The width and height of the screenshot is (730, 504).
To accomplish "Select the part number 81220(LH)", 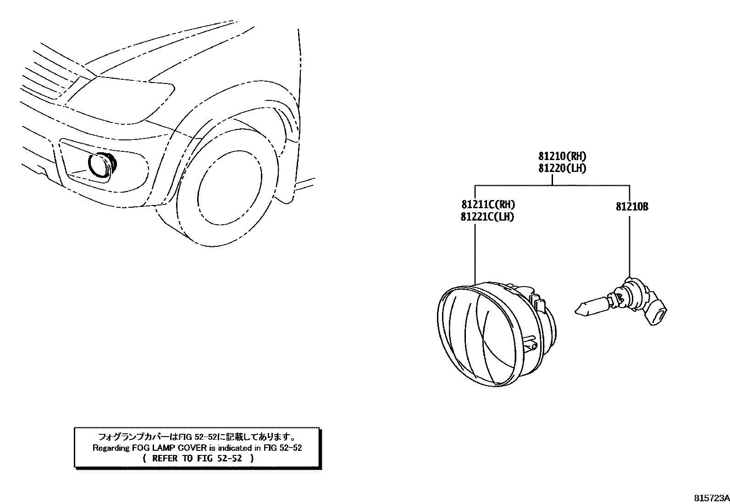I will tap(562, 168).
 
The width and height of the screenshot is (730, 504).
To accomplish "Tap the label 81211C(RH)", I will tap(485, 205).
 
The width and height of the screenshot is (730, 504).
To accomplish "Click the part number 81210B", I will tap(632, 207).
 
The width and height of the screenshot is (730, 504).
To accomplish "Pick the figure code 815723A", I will tap(711, 498).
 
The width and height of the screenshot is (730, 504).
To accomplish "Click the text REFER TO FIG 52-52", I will tap(197, 458).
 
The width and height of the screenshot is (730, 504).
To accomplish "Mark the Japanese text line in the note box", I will tap(197, 437).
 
